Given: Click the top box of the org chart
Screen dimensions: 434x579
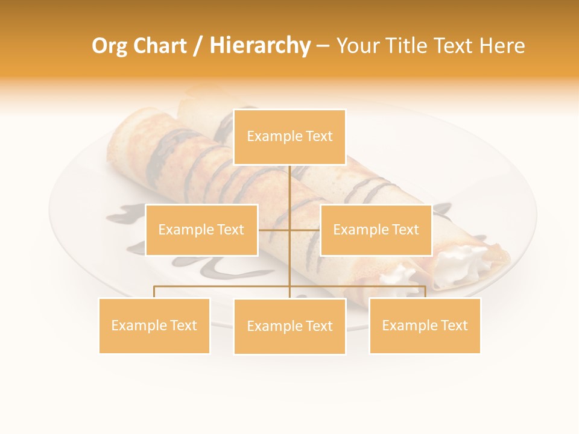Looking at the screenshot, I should click(289, 137).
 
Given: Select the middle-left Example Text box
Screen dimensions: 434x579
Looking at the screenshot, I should click(201, 230).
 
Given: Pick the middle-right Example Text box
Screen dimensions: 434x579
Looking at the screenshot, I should click(376, 230).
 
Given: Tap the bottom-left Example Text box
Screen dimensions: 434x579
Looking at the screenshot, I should click(154, 325).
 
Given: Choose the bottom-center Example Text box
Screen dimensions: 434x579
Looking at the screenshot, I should click(289, 326).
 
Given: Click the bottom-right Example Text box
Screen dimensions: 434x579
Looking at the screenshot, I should click(425, 325).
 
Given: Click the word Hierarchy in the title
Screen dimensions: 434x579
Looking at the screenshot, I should click(259, 46).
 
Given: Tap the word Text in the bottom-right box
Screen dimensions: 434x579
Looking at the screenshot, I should click(452, 325).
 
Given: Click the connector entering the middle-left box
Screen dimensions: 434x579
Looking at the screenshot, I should click(274, 230).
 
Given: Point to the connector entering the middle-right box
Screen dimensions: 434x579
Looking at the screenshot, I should click(305, 230).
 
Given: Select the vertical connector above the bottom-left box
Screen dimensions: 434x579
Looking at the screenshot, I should click(154, 292).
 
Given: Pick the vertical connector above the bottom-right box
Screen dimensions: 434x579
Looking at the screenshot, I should click(425, 292).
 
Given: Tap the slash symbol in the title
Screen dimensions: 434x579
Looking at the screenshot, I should click(198, 46).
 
